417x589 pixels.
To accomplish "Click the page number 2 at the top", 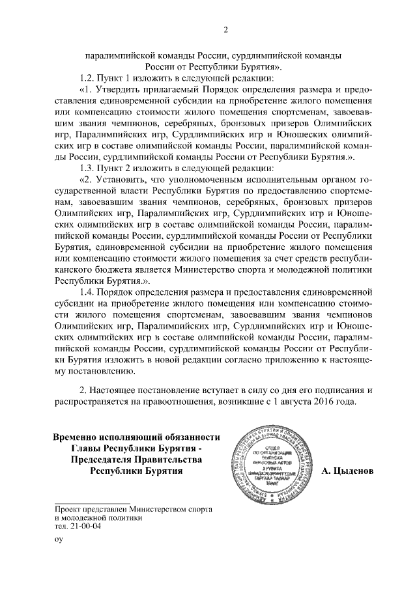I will point(225,29).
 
